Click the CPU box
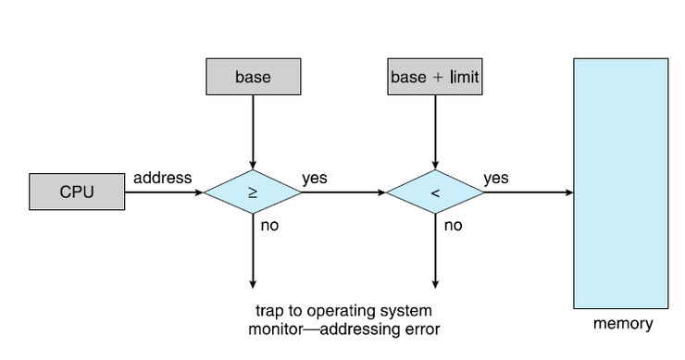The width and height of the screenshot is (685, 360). [77, 192]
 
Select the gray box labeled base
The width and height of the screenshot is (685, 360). [253, 77]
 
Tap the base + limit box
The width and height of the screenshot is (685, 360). [434, 77]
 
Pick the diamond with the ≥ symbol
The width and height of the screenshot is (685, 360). [253, 192]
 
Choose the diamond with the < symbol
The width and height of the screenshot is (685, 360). [434, 192]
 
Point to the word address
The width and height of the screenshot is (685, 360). [163, 178]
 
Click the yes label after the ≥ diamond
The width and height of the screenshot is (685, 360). [314, 178]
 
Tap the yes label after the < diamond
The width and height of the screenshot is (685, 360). [496, 178]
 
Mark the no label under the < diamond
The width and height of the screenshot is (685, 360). [454, 225]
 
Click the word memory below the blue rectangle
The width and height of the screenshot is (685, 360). [622, 324]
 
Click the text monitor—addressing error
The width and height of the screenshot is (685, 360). [343, 328]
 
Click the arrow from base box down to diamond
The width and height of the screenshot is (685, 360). [253, 130]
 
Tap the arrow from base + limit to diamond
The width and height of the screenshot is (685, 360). [434, 130]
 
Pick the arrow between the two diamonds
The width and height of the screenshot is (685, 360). [342, 192]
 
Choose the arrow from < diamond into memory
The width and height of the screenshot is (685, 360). [528, 192]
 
